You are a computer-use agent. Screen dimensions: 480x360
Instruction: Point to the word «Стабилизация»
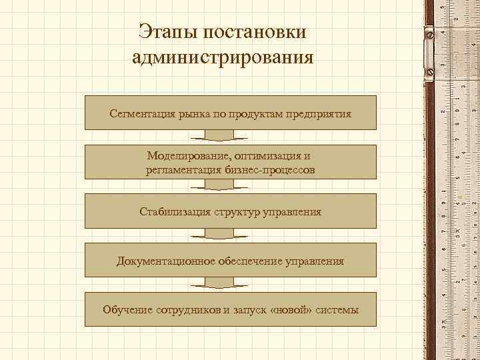tap(175, 212)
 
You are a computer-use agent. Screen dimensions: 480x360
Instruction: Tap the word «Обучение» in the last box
tap(127, 310)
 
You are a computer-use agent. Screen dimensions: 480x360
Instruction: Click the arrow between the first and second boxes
tap(219, 137)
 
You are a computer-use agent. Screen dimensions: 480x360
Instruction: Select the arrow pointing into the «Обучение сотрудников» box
tap(219, 284)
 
